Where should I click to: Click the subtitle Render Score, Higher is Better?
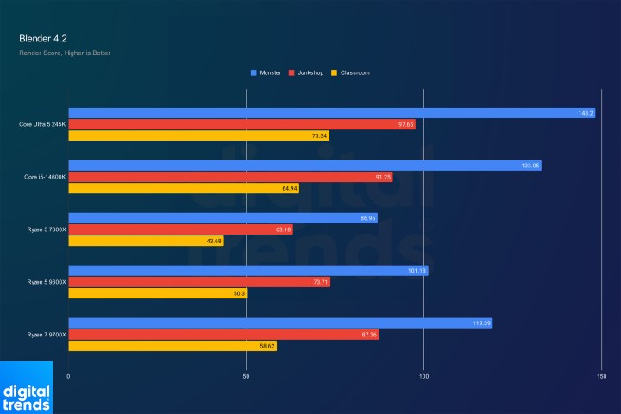coord(65,53)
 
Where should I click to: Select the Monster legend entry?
coord(270,72)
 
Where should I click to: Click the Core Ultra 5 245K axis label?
coord(41,124)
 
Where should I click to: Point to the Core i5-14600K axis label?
coord(44,177)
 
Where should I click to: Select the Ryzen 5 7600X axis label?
coord(43,229)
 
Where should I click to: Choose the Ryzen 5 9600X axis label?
coord(43,282)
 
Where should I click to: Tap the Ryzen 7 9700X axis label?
coord(43,334)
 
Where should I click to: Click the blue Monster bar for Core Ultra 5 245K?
coord(319,113)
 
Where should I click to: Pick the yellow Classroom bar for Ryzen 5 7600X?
coord(146,241)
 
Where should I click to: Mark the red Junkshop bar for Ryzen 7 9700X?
coord(223,335)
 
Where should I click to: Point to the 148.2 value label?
coord(586,113)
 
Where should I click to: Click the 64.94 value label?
coord(289,188)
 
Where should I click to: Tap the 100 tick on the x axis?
coord(424,376)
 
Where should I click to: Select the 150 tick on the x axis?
coord(601,376)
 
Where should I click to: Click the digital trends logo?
coord(26,397)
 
